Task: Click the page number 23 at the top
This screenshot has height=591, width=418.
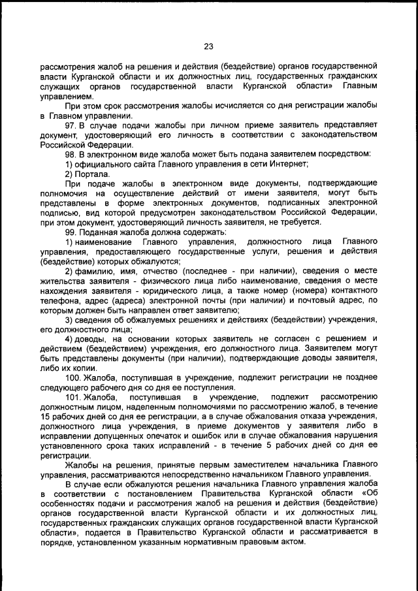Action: pyautogui.click(x=209, y=46)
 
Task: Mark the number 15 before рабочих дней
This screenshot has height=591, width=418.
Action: pyautogui.click(x=45, y=416)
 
